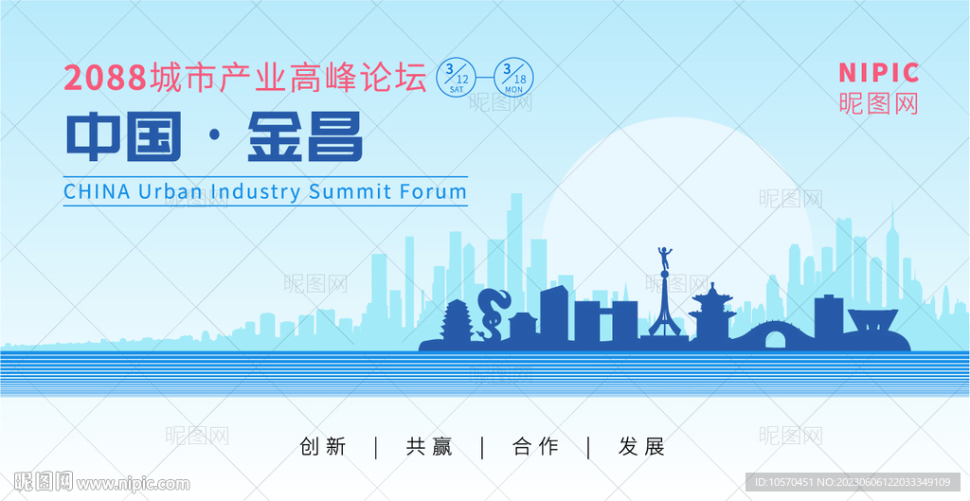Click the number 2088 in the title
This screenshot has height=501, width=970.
[x=105, y=79]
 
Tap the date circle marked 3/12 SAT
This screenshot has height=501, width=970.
[x=457, y=77]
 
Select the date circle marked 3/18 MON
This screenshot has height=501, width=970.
[x=513, y=77]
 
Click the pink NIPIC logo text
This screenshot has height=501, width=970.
[x=878, y=73]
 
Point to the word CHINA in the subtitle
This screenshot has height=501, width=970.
[x=98, y=191]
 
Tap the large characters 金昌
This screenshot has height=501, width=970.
[x=305, y=137]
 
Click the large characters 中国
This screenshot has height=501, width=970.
[x=124, y=137]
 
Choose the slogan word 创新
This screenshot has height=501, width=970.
[x=322, y=447]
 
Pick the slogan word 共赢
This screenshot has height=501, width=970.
[x=429, y=447]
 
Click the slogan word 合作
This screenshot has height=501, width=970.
[x=535, y=447]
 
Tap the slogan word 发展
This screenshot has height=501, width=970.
[x=641, y=447]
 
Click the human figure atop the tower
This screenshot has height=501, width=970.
[x=665, y=258]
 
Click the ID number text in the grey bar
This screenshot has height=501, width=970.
[x=853, y=482]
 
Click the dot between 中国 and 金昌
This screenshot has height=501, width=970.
[x=215, y=138]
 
